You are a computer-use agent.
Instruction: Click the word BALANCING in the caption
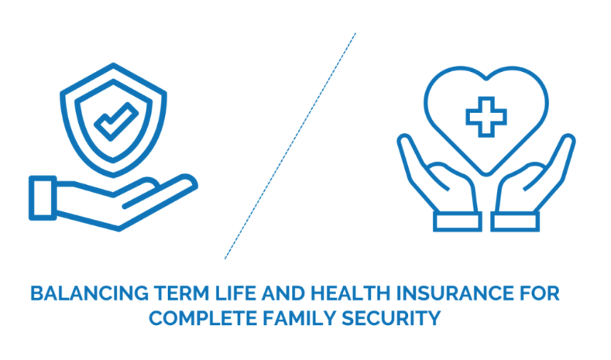[89, 293]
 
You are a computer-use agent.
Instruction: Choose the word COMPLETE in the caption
[203, 318]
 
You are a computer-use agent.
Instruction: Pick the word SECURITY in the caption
[391, 318]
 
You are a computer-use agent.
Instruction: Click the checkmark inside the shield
[116, 122]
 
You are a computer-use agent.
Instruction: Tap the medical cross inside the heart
[486, 117]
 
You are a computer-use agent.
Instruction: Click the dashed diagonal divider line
[290, 146]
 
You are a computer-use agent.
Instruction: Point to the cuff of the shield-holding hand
[43, 198]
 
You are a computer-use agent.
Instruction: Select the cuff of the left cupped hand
[457, 221]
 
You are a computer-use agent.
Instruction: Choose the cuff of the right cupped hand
[515, 221]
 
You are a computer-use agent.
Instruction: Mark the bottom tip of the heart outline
[486, 173]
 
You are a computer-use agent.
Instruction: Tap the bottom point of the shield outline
[113, 175]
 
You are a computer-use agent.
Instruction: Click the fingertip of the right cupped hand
[568, 140]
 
